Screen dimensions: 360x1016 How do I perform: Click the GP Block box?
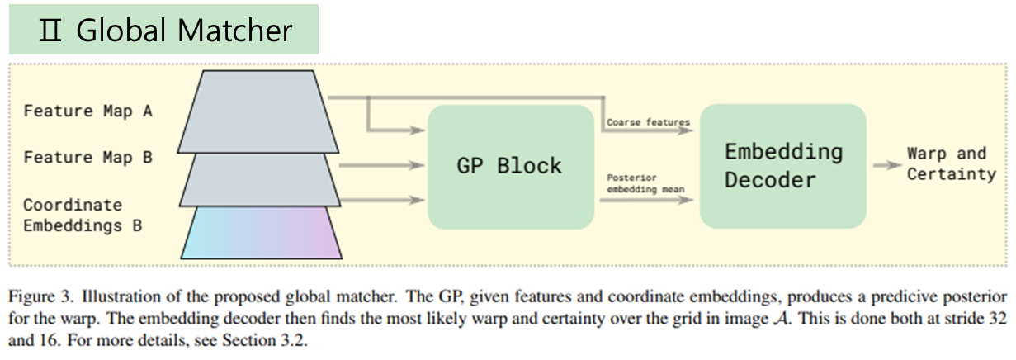[x=510, y=166]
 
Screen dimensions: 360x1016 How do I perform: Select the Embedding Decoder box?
[x=782, y=166]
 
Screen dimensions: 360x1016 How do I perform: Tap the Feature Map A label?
[x=88, y=110]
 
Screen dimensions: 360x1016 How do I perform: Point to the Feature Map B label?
[x=88, y=156]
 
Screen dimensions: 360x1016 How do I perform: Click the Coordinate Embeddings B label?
[x=73, y=214]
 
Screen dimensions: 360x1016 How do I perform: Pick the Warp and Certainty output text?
[x=951, y=163]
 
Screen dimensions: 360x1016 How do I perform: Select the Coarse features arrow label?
[x=648, y=122]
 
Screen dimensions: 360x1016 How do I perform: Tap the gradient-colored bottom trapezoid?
[x=261, y=233]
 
